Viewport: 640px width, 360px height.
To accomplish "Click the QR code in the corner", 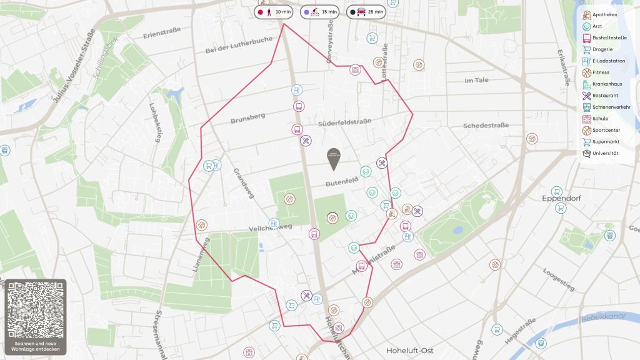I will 35,307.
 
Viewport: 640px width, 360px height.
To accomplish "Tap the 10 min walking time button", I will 274,12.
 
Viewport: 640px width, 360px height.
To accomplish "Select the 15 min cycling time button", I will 319,12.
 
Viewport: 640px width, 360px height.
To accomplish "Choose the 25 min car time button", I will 367,12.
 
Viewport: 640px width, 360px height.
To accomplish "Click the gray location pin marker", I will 334,159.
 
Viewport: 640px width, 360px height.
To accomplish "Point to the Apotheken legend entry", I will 604,15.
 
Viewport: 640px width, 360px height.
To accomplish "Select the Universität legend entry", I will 604,153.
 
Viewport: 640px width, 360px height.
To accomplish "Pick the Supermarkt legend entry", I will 604,141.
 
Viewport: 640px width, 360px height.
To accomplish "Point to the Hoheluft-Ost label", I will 410,350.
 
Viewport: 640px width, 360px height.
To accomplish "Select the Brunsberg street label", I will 247,116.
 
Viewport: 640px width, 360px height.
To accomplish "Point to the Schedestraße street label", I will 486,126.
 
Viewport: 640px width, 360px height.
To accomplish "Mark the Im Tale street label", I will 476,80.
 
